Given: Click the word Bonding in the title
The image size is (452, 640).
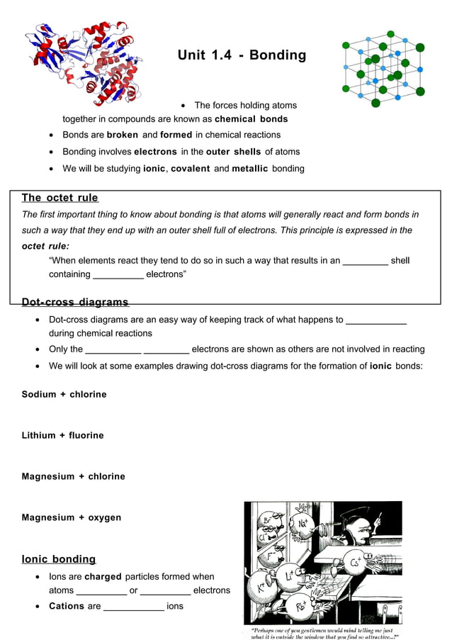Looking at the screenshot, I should point(278,55).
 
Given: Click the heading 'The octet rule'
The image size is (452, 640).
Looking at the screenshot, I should point(60,198).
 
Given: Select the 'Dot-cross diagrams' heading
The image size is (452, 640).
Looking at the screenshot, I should point(75,303).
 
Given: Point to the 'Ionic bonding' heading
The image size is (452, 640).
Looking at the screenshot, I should point(59,559).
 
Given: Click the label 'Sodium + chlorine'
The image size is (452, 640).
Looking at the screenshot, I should point(64,394).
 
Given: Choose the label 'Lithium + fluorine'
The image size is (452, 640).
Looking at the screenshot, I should point(63,435).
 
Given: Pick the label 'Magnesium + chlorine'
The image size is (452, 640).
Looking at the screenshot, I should point(74,476).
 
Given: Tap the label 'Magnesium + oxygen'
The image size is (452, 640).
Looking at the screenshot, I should point(72,517).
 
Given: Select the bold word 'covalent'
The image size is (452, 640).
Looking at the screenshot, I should point(191,169).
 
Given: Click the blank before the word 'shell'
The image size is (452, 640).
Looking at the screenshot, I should point(365,262).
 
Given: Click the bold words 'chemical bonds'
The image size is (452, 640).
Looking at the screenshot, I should point(251,119).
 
